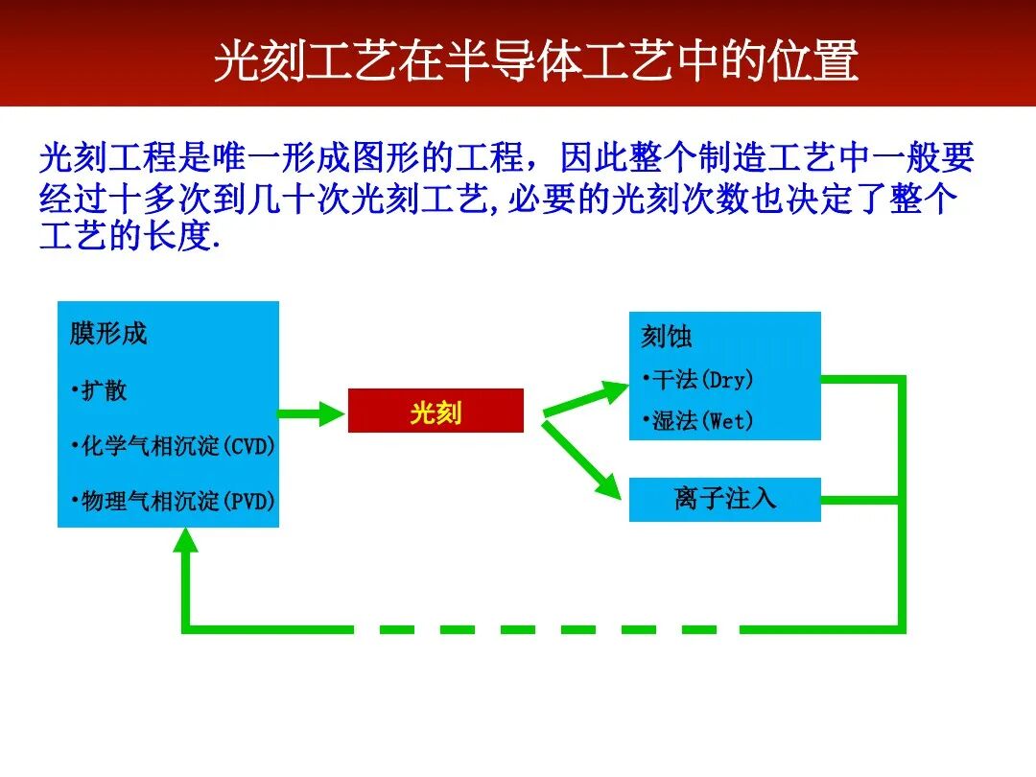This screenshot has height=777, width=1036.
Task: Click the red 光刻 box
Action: click(x=436, y=412)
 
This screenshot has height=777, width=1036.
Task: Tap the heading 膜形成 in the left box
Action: click(x=108, y=334)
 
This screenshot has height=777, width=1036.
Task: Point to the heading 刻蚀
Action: click(x=666, y=337)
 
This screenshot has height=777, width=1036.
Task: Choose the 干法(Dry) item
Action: click(x=700, y=380)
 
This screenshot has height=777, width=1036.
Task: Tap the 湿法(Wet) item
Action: click(x=700, y=421)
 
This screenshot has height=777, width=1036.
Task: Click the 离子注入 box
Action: click(x=724, y=499)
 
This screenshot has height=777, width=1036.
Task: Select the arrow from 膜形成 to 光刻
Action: click(x=312, y=413)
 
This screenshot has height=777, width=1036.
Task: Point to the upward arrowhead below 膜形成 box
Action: click(x=186, y=543)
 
